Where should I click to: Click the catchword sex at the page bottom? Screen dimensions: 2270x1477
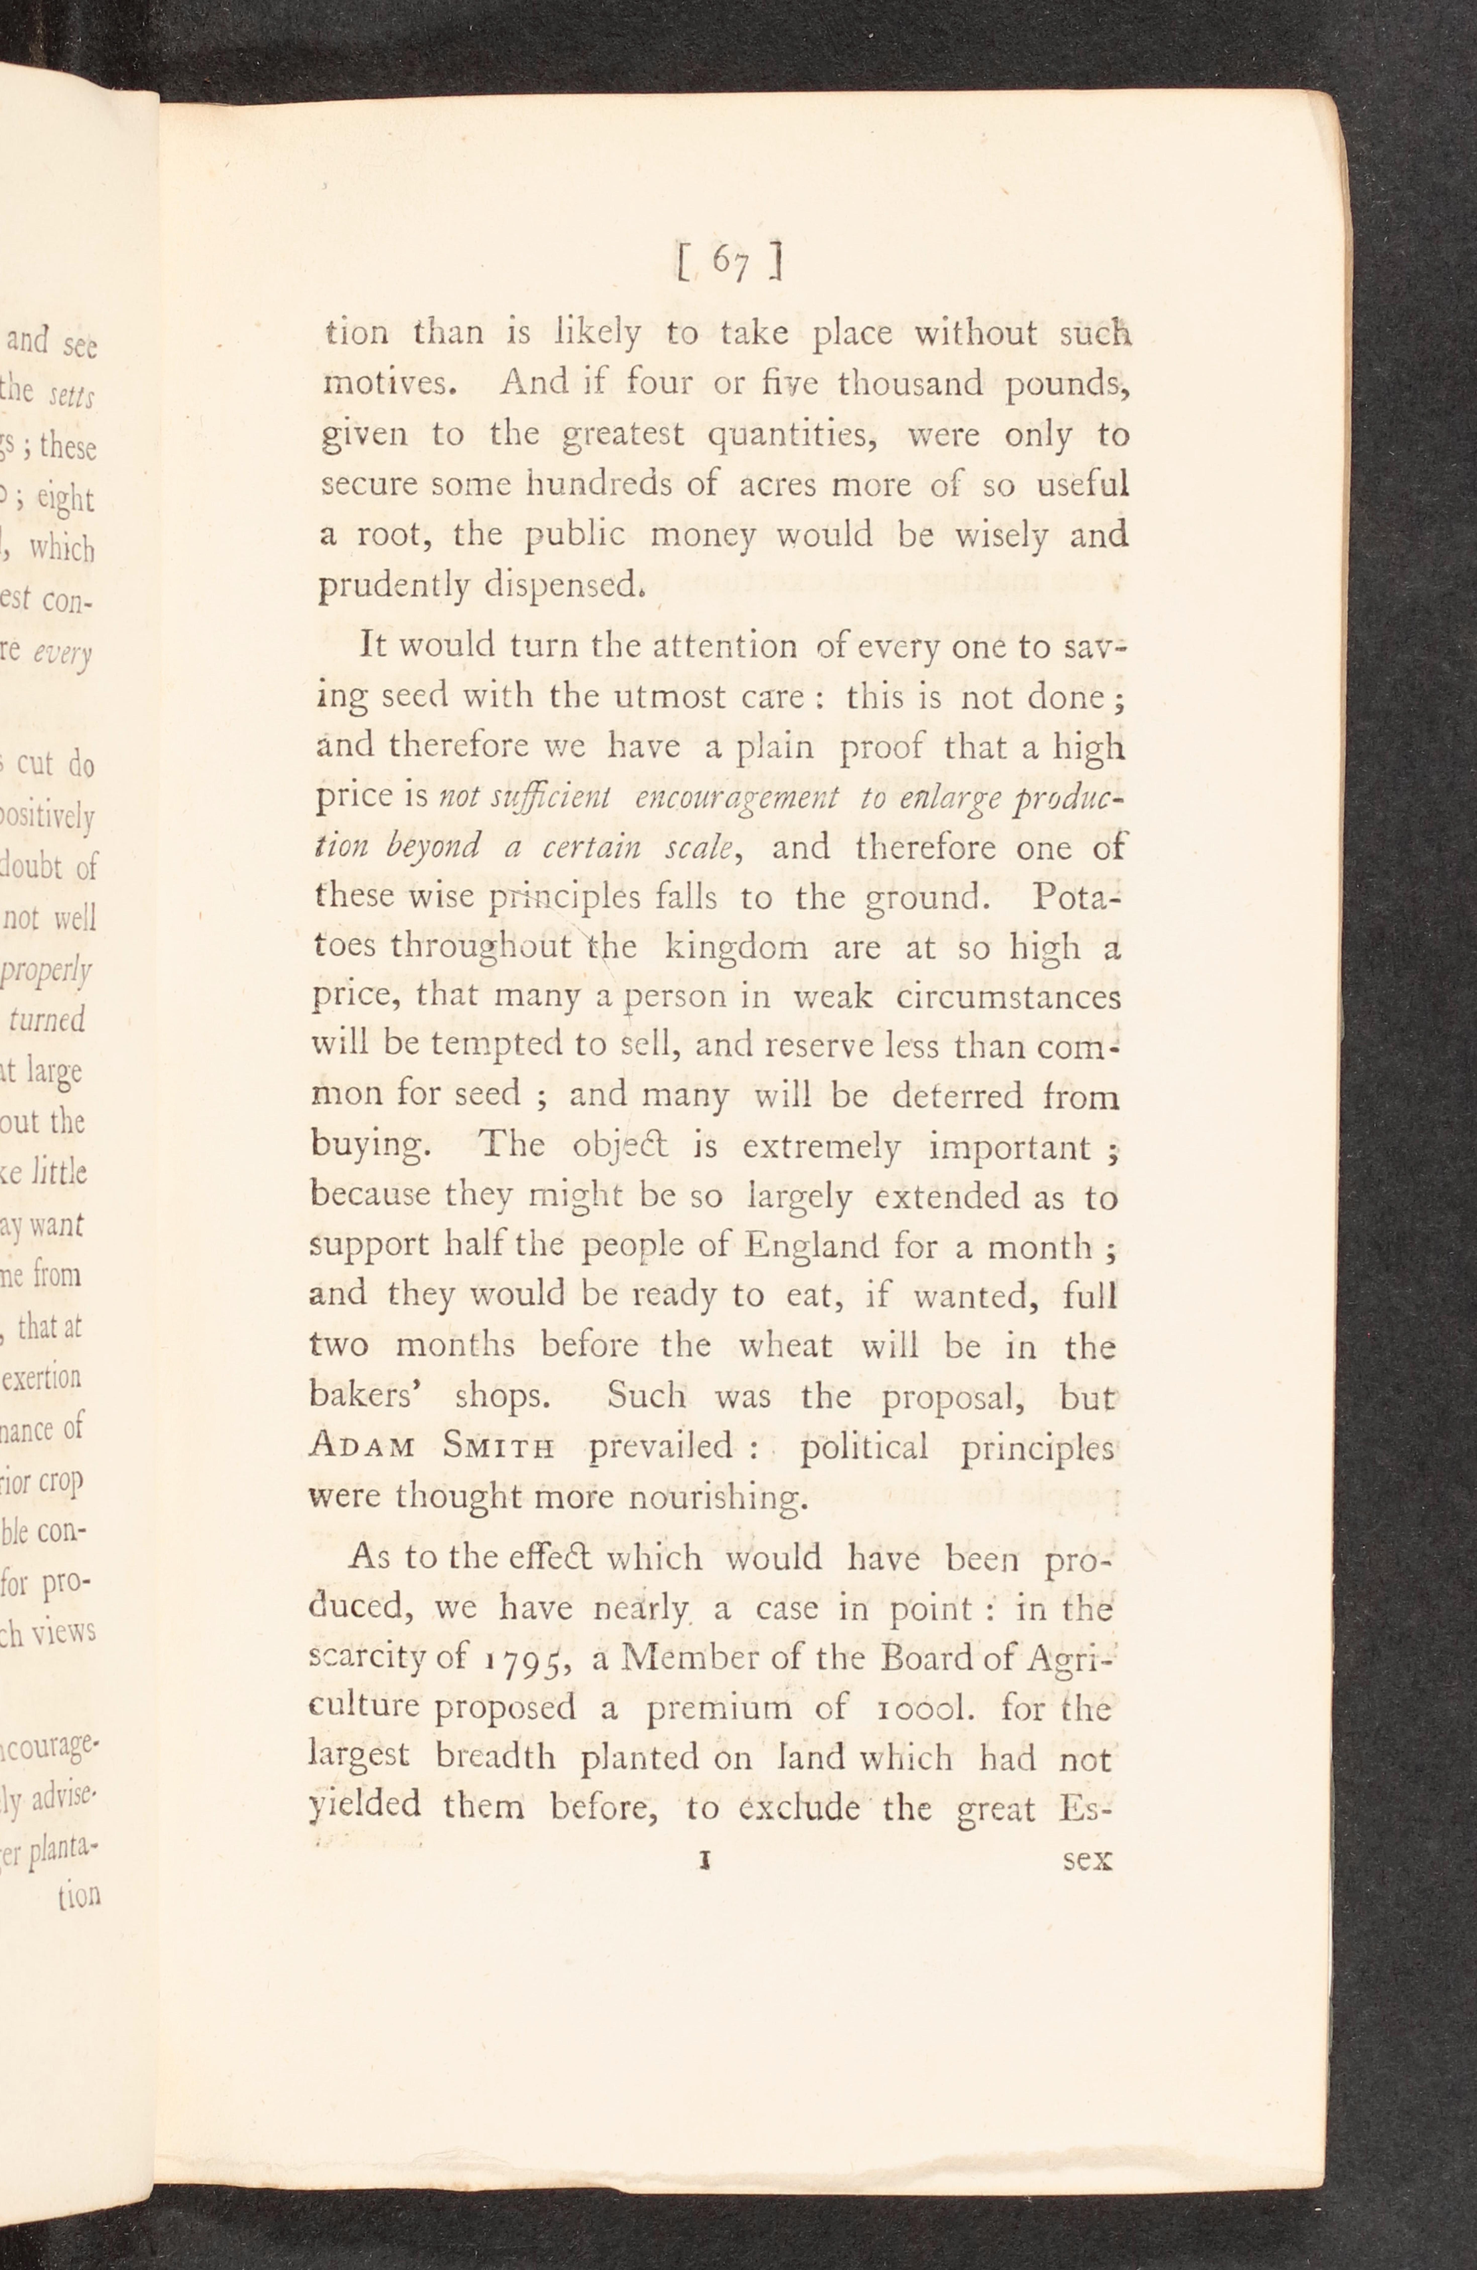(1088, 1860)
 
